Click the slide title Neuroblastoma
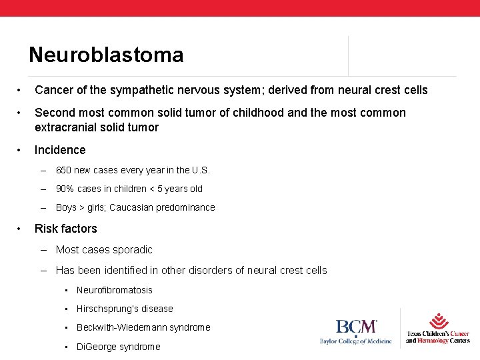pos(106,55)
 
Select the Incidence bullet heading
pos(60,150)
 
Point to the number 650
pos(64,170)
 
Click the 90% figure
pos(65,189)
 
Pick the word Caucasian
pos(132,207)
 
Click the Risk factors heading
pos(65,229)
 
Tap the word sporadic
pos(130,250)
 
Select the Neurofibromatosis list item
pos(114,290)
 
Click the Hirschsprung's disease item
pos(124,309)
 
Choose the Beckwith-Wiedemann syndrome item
pos(143,327)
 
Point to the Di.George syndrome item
pos(118,347)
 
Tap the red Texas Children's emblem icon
pos(438,320)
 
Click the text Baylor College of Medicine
pos(356,342)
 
